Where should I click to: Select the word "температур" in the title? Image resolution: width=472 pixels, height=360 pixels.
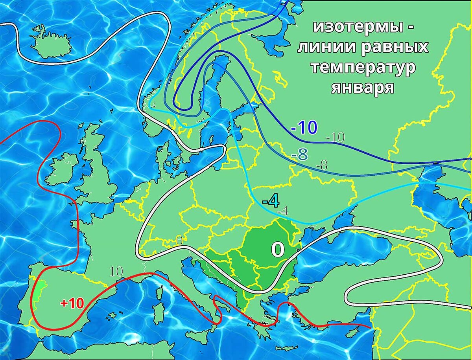(363, 67)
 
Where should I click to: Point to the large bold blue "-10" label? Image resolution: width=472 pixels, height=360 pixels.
(304, 128)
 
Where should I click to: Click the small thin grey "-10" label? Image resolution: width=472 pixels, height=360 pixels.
(336, 137)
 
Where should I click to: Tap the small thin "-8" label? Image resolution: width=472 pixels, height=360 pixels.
(321, 165)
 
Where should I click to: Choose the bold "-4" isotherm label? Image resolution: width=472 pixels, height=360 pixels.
(271, 201)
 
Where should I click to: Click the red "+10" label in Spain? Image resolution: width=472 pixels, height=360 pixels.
(72, 303)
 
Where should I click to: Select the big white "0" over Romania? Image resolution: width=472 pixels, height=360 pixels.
(278, 249)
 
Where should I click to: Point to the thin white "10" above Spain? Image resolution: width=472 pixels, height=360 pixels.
(116, 271)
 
